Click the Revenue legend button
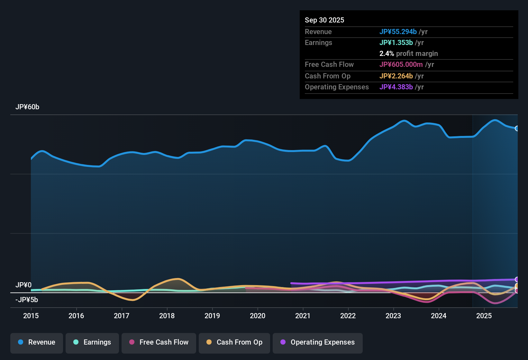(37, 342)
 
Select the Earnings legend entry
(92, 342)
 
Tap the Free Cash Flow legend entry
(159, 342)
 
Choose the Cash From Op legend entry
(234, 342)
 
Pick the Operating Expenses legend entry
(318, 342)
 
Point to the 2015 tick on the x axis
(31, 316)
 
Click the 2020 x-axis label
(258, 316)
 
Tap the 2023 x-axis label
(393, 316)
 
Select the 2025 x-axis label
(484, 316)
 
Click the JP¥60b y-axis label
(27, 107)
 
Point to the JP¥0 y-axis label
(23, 285)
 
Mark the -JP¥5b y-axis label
(27, 300)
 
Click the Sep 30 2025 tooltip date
(324, 20)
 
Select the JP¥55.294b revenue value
(398, 32)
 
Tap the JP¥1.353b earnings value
(396, 42)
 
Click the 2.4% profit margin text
(409, 54)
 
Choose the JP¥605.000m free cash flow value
(401, 64)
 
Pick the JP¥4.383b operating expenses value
(396, 87)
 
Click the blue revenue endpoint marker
(517, 128)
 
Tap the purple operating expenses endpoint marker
(517, 279)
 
